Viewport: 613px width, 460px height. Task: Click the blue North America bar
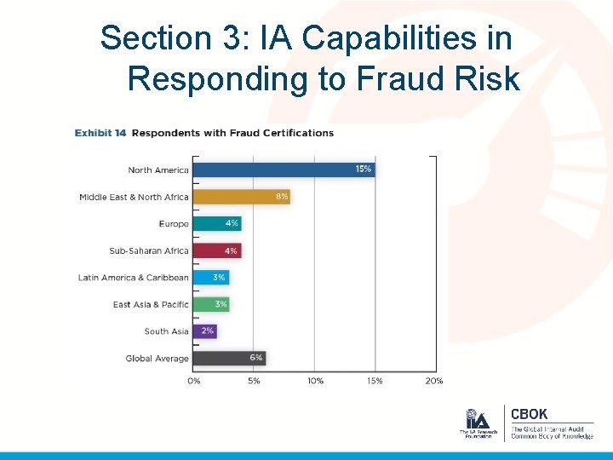click(x=284, y=170)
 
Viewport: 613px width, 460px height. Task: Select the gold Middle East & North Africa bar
click(x=242, y=197)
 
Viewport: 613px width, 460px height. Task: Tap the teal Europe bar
click(x=217, y=223)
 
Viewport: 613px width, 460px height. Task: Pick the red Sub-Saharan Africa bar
click(x=217, y=250)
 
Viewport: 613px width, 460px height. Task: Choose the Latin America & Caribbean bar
click(x=211, y=278)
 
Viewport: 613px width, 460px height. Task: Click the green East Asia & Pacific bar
click(x=211, y=304)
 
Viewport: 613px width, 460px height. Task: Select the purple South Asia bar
click(x=205, y=331)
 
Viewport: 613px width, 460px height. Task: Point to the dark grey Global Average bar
click(x=229, y=358)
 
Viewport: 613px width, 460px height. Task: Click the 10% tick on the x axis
click(x=315, y=381)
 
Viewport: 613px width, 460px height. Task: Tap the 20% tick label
click(x=434, y=381)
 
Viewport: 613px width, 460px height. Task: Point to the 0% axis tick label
click(x=194, y=381)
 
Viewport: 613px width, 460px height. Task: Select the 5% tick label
click(x=254, y=381)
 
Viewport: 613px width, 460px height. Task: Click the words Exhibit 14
click(x=100, y=133)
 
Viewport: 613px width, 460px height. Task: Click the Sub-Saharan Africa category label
click(x=149, y=251)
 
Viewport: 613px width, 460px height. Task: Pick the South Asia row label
click(x=166, y=331)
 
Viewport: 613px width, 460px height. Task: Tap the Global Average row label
click(x=157, y=359)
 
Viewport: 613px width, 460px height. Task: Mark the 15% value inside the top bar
click(x=363, y=170)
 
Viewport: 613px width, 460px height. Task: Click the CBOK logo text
click(x=529, y=415)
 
